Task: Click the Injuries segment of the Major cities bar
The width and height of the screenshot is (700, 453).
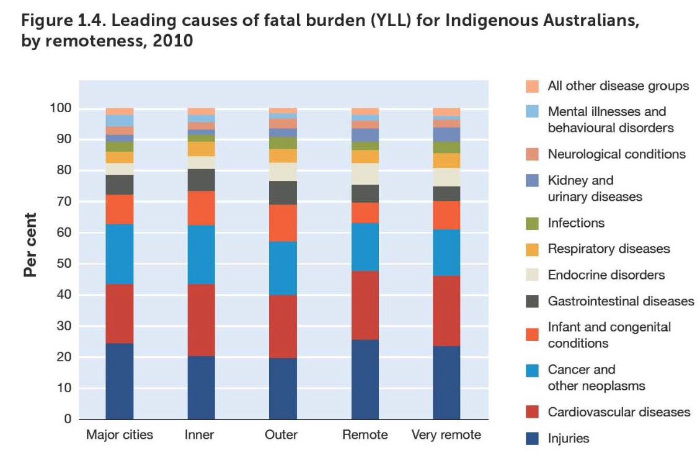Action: (119, 381)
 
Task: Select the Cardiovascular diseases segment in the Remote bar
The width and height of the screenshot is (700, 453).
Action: (365, 305)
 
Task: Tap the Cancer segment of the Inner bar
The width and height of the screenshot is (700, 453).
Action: (201, 254)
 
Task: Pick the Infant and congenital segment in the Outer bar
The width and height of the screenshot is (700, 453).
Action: (283, 223)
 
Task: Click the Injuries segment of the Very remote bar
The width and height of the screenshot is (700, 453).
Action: (446, 382)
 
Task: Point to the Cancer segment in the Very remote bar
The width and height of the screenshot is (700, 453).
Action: (446, 252)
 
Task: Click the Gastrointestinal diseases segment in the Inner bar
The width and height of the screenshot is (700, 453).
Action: (201, 180)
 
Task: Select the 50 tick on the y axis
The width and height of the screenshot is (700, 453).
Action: (64, 264)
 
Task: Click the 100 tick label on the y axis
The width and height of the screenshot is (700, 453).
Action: (61, 108)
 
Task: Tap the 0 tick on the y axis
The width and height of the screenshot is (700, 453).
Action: (67, 420)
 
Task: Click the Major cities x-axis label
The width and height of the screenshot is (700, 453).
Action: (119, 435)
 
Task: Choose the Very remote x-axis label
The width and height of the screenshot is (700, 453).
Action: (446, 435)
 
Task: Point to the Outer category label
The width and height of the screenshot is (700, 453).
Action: (283, 435)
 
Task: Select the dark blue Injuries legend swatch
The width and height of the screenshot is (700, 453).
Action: (531, 439)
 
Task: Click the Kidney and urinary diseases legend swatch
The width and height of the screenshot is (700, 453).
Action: (531, 180)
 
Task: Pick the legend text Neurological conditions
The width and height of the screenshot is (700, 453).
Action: (616, 154)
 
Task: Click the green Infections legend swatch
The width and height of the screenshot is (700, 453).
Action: (531, 223)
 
